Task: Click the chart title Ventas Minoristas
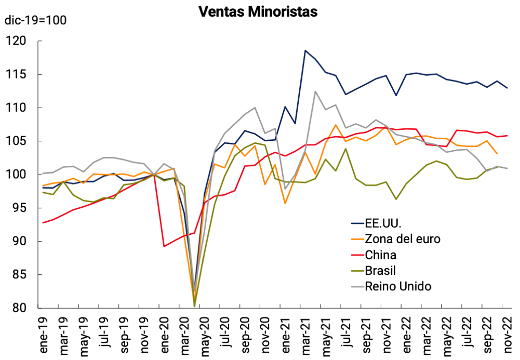258,11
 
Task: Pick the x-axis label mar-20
184,332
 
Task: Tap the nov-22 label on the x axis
507,332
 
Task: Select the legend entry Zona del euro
403,239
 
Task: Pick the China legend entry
381,255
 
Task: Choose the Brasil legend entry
380,271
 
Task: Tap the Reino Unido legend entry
398,286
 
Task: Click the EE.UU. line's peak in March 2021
305,50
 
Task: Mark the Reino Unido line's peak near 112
315,91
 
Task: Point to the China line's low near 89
164,246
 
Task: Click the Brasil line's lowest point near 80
194,306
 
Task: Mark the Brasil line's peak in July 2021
346,149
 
